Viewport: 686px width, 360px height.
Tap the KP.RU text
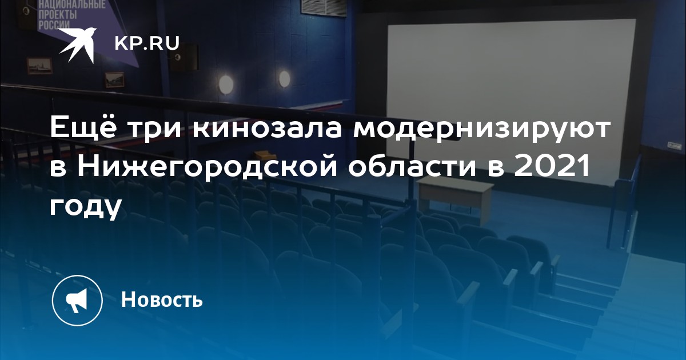pyautogui.click(x=147, y=43)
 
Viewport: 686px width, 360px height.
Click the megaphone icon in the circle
pyautogui.click(x=77, y=301)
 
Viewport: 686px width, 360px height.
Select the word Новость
pyautogui.click(x=162, y=299)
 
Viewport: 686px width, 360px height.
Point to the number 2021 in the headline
pyautogui.click(x=552, y=166)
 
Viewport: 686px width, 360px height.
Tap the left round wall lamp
pyautogui.click(x=226, y=84)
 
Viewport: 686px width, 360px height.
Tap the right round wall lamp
pyautogui.click(x=284, y=78)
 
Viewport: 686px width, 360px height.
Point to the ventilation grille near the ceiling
pyautogui.click(x=324, y=7)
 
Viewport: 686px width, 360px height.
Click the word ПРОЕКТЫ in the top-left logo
pyautogui.click(x=57, y=14)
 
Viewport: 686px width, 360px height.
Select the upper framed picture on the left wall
pyautogui.click(x=39, y=66)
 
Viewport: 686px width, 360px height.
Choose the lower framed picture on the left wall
pyautogui.click(x=114, y=79)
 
